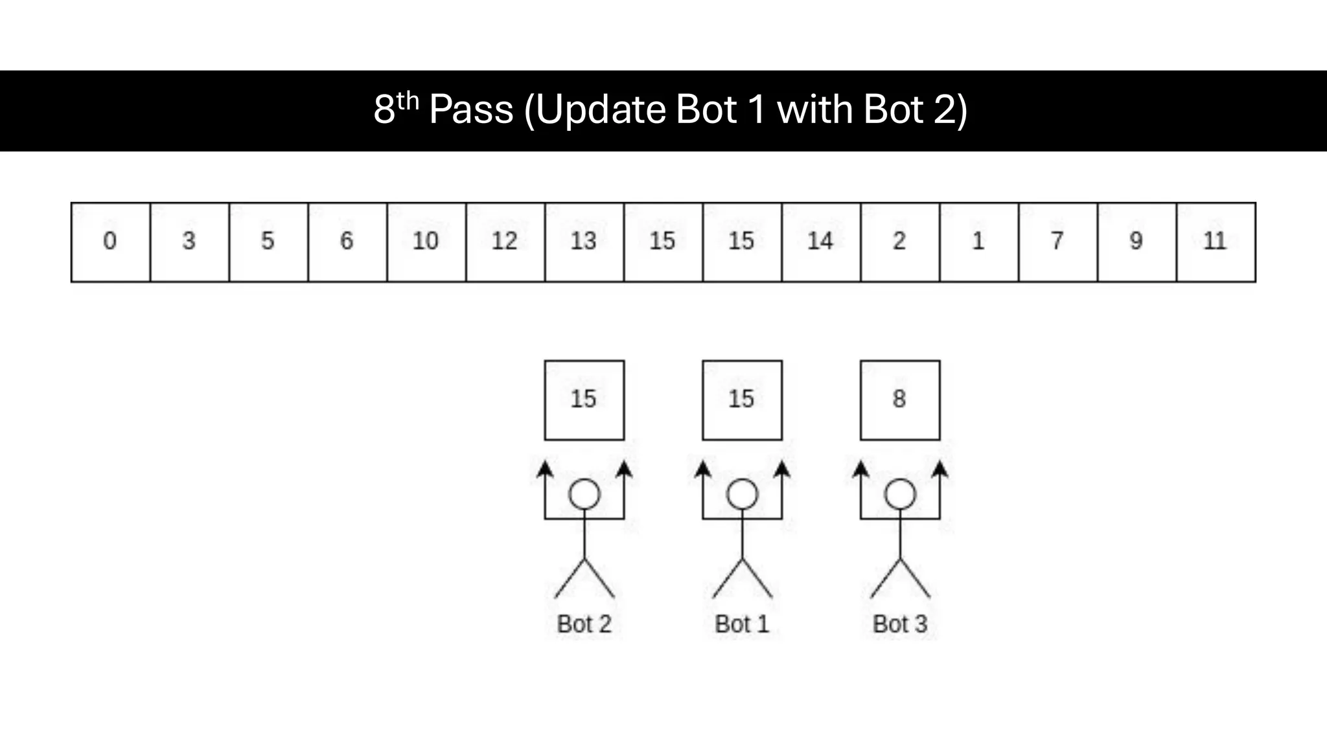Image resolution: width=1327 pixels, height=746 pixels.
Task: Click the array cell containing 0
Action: pos(110,242)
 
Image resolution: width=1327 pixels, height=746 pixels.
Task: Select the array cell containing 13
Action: pos(584,242)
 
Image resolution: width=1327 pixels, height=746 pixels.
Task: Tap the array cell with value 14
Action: pos(820,242)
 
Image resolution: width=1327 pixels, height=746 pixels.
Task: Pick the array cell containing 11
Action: pos(1215,242)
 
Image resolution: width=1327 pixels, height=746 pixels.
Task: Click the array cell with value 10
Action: pos(426,242)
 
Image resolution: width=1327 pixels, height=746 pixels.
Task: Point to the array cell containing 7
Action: pos(1057,242)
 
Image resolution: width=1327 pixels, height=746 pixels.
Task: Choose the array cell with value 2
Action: pos(899,242)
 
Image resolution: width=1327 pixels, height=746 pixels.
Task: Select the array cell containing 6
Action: pos(347,242)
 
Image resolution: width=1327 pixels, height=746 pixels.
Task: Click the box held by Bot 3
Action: pos(899,400)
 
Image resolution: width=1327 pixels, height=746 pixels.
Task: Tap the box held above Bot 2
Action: pos(584,400)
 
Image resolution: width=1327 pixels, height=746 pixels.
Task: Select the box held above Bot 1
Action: pos(742,400)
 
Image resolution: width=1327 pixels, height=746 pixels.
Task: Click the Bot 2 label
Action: pos(584,624)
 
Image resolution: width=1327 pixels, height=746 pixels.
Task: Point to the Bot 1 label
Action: pos(742,624)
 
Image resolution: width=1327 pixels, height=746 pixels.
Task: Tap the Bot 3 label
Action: pos(900,624)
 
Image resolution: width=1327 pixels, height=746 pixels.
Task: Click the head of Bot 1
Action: pos(742,495)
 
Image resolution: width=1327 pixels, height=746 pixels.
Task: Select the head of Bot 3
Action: pos(900,495)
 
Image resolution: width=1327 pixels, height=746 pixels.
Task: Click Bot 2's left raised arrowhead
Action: pos(545,469)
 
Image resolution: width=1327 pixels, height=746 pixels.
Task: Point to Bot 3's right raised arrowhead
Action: pos(940,469)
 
